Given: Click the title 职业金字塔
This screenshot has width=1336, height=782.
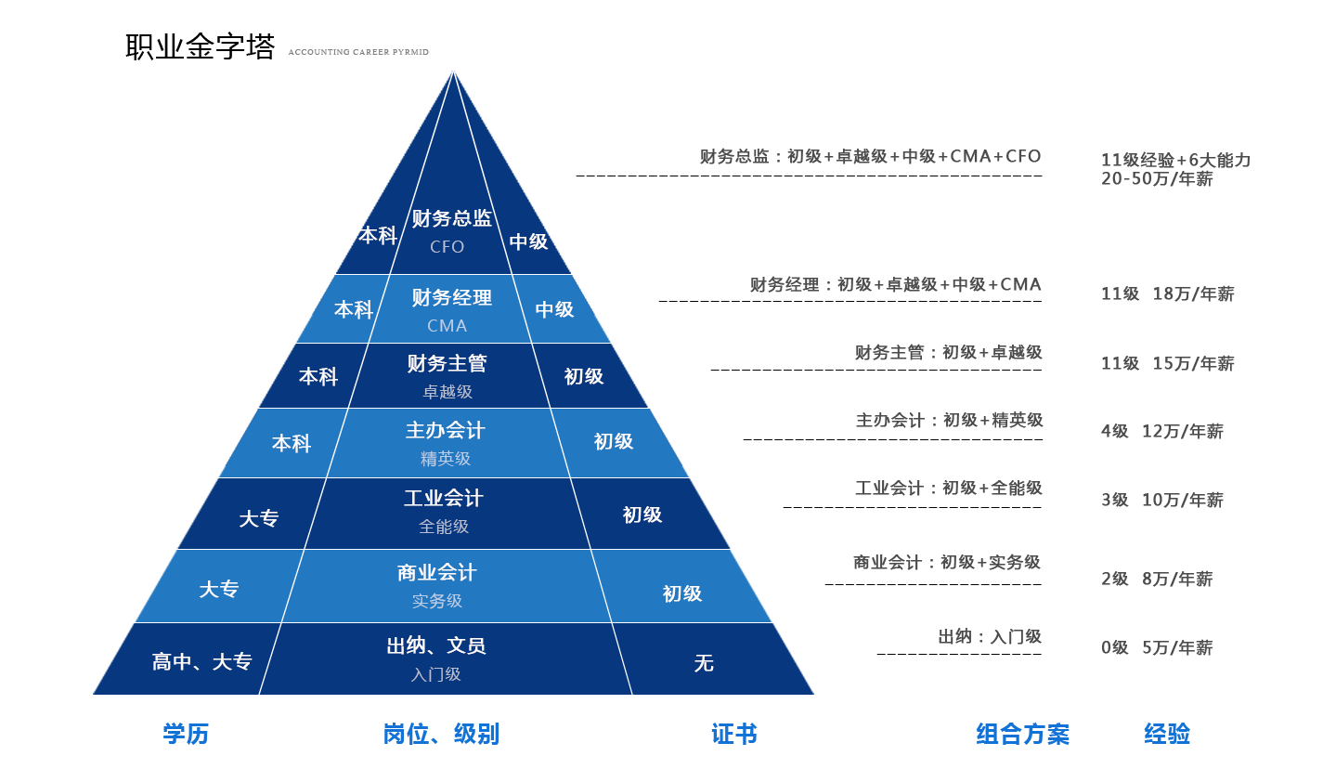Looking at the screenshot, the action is coord(200,46).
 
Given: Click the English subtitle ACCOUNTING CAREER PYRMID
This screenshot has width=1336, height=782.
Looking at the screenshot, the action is coord(358,52).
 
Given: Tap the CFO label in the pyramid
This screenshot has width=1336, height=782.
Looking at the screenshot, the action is coord(447,246).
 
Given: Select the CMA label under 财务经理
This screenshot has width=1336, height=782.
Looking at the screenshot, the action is coord(447,326).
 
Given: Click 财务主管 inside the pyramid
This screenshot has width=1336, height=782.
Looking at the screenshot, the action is coord(447,363).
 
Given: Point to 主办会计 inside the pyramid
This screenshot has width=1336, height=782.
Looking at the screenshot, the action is coord(446,430).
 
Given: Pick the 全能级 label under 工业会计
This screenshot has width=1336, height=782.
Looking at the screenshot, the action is coord(444,527).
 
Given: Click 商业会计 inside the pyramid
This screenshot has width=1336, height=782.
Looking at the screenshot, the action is coord(437,573).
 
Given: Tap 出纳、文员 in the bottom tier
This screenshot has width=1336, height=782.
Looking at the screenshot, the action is coord(436,645).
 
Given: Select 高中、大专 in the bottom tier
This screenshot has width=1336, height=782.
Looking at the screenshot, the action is coord(201,661).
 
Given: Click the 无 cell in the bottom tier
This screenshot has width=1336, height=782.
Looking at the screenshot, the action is coord(704,663).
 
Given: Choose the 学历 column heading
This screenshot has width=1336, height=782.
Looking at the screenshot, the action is coord(186,734).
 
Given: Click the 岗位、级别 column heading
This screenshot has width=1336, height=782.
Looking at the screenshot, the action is coord(441,734).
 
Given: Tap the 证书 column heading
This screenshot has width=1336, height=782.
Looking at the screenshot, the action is coord(734,734).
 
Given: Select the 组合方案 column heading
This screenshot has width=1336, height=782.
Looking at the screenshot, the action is coord(1023,734).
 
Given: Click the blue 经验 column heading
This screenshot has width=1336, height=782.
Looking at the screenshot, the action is coord(1167,734).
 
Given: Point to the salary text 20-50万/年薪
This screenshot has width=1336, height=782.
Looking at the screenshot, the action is coord(1157,179).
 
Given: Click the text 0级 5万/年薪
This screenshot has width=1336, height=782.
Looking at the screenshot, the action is coord(1157,647).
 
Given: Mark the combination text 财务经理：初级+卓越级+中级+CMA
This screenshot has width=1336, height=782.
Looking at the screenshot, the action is coord(895,284).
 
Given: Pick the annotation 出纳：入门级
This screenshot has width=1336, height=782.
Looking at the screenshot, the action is coord(990,636).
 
